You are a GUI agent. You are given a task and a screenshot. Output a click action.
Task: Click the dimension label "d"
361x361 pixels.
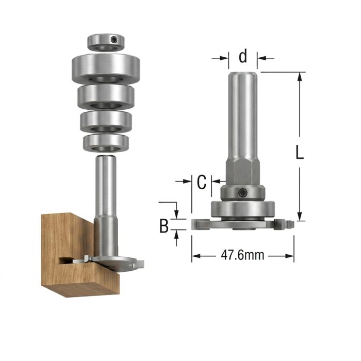click(x=243, y=56)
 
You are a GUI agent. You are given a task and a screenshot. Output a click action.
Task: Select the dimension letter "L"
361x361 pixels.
click(x=299, y=152)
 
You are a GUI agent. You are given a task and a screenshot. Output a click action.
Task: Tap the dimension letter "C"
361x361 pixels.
click(x=202, y=182)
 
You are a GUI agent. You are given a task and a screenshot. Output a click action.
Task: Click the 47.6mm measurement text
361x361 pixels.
click(x=242, y=256)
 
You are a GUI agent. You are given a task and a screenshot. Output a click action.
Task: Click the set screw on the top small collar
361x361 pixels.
click(x=113, y=40)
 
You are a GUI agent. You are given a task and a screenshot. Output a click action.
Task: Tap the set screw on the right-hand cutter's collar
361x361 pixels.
click(x=242, y=192)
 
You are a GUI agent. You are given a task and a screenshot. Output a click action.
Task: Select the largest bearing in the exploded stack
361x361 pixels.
click(x=106, y=69)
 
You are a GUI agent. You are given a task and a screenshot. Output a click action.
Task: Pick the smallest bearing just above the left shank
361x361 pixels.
click(x=106, y=142)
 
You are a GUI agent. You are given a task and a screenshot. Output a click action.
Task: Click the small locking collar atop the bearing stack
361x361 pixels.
click(x=106, y=42)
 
